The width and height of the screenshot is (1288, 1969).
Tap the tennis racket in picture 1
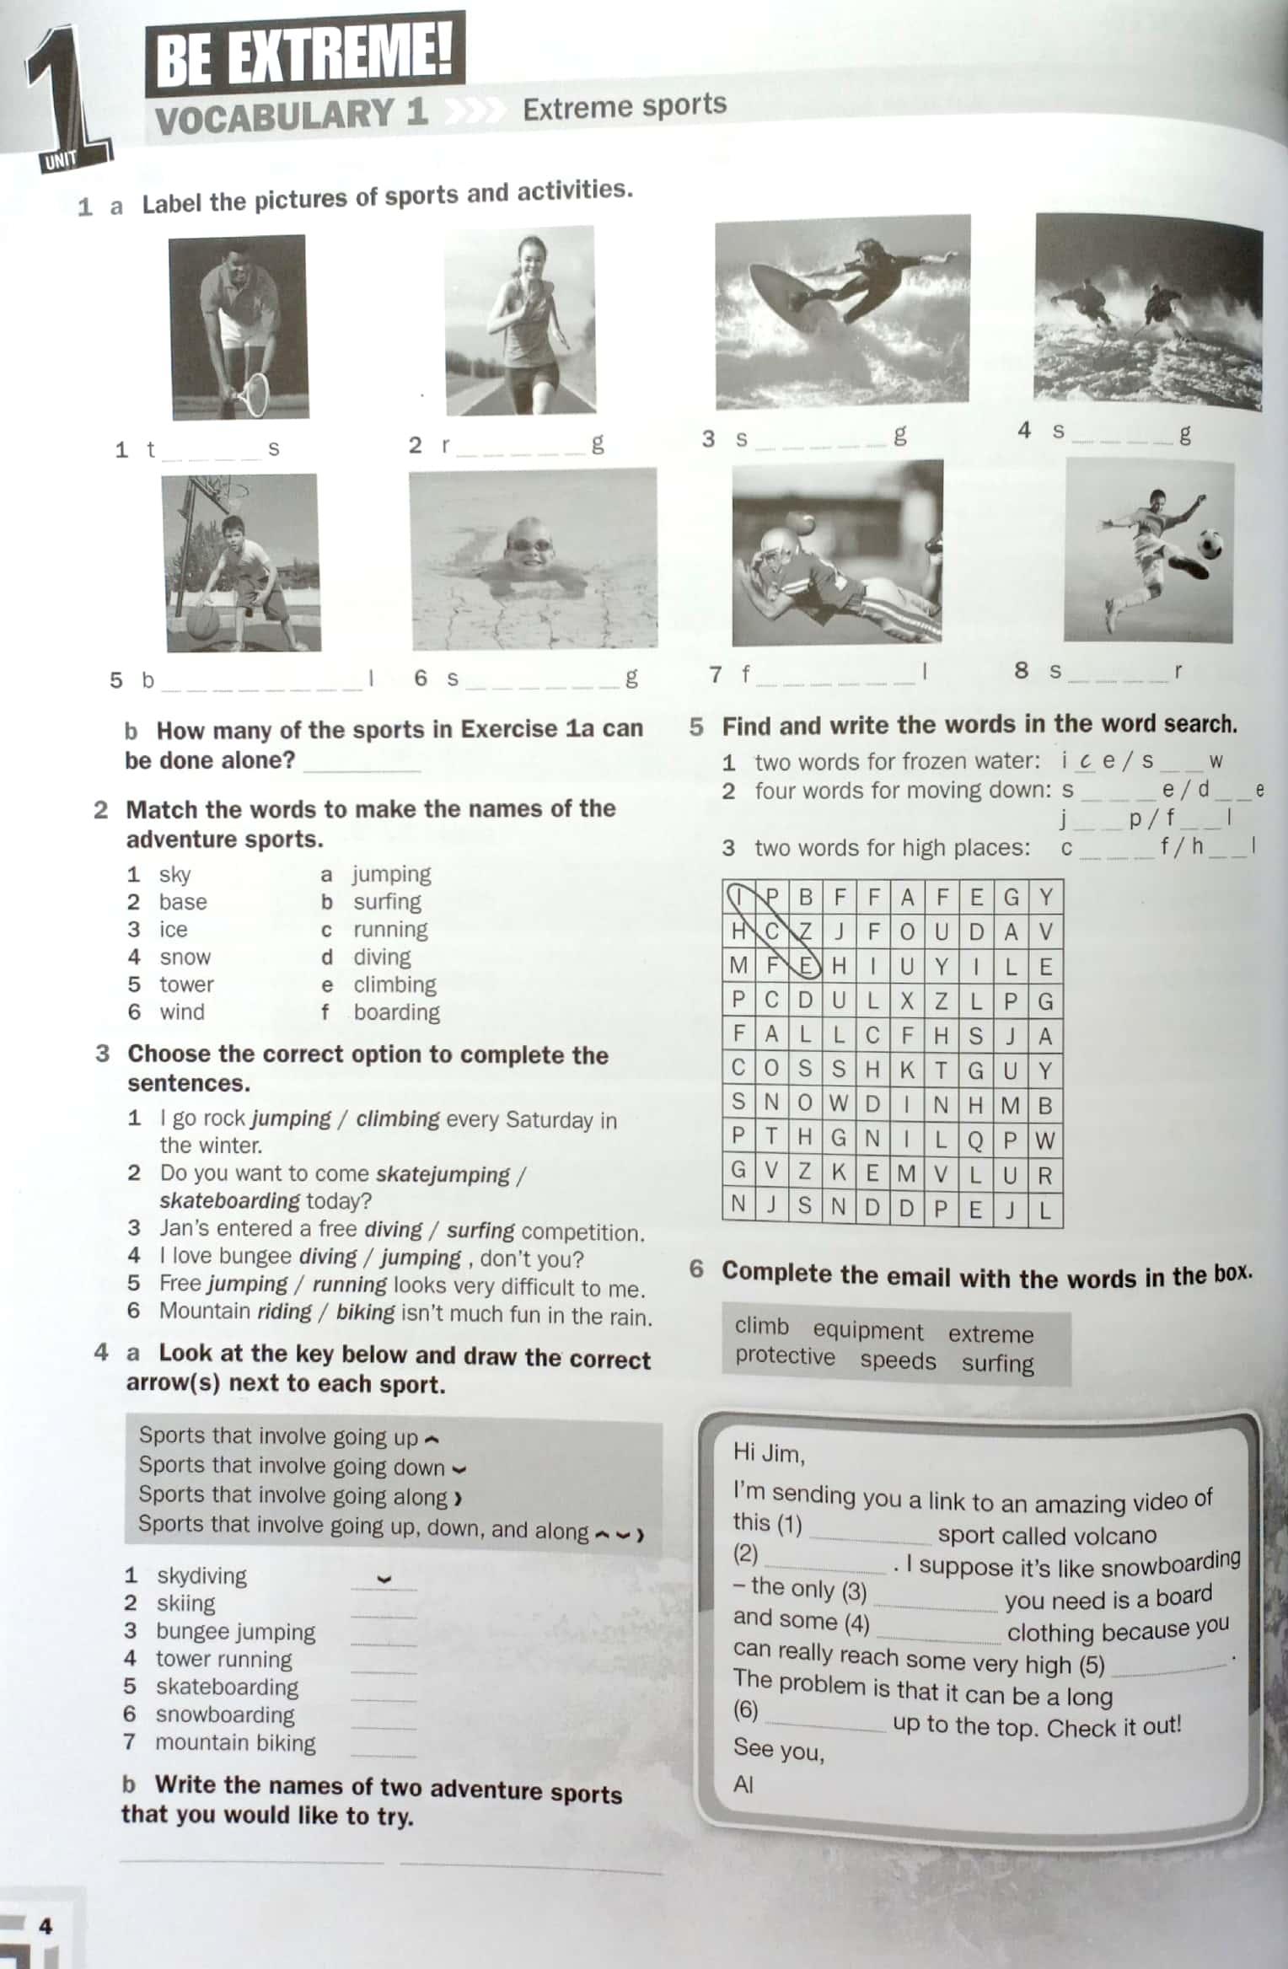251,394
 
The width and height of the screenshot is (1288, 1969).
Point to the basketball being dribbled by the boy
202,621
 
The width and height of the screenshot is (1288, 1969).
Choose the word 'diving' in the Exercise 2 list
382,957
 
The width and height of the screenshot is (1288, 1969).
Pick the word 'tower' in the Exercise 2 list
186,984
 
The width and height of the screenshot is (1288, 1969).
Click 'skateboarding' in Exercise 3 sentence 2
228,1199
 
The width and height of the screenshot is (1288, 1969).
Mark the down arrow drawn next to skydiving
384,1579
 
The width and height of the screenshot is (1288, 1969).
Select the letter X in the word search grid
907,1001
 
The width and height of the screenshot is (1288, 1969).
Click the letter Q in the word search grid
975,1140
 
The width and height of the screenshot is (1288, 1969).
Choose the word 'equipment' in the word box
867,1330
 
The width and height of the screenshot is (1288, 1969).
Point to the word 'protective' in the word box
784,1355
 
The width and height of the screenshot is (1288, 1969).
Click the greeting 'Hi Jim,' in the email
768,1451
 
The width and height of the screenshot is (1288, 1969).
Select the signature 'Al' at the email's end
743,1784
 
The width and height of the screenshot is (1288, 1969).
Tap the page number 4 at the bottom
46,1925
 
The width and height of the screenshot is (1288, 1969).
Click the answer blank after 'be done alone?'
361,765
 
